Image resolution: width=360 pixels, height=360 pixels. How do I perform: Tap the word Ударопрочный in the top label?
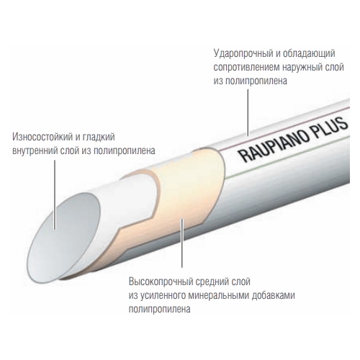pyautogui.click(x=243, y=54)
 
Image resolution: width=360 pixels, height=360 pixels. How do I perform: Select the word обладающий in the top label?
pyautogui.click(x=309, y=54)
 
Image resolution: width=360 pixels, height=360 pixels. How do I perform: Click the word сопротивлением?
pyautogui.click(x=246, y=68)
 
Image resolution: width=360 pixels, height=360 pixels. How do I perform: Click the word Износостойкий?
pyautogui.click(x=42, y=137)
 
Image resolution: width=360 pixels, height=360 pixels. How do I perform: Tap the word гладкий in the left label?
pyautogui.click(x=99, y=137)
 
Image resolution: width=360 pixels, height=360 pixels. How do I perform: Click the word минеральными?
pyautogui.click(x=219, y=295)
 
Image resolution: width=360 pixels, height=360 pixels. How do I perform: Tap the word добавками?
pyautogui.click(x=273, y=295)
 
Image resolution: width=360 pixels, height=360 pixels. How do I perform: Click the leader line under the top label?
pyautogui.click(x=248, y=112)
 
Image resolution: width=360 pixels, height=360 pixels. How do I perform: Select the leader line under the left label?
pyautogui.click(x=55, y=195)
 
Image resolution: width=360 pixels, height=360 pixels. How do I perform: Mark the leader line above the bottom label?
pyautogui.click(x=182, y=243)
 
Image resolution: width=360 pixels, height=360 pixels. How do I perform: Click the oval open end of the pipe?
pyautogui.click(x=64, y=238)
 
